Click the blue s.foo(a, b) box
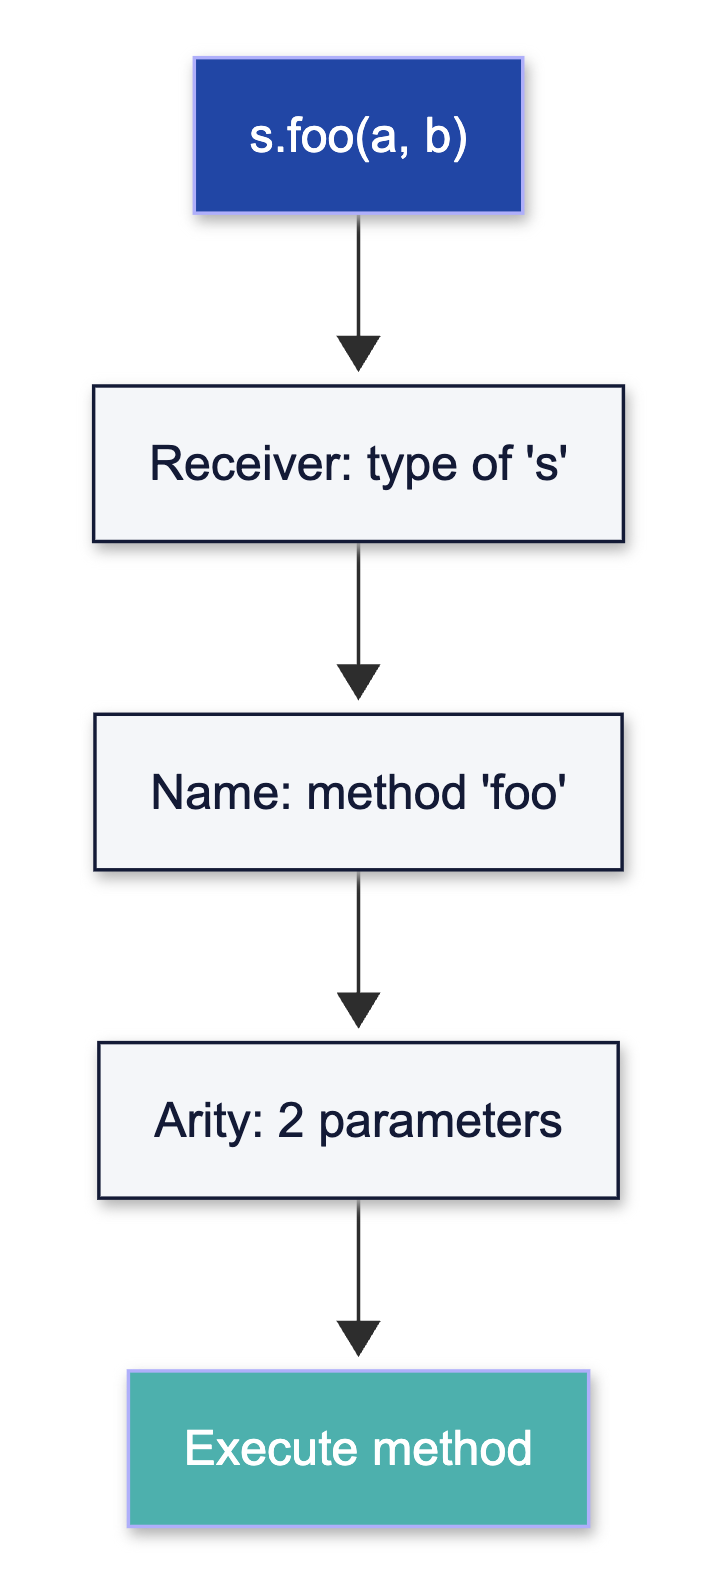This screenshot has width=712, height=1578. coord(358,135)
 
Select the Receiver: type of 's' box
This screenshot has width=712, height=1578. coord(358,463)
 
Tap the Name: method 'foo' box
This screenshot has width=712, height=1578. coord(358,791)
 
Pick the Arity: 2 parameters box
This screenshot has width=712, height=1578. coord(358,1120)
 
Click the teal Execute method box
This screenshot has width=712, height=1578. coord(358,1448)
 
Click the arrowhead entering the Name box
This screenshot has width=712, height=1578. coord(358,682)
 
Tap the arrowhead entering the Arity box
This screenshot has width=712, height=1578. coord(358,1010)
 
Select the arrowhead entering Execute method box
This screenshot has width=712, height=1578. coord(358,1338)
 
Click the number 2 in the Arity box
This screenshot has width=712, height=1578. coord(290,1121)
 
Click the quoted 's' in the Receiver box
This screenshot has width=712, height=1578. coord(545,464)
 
